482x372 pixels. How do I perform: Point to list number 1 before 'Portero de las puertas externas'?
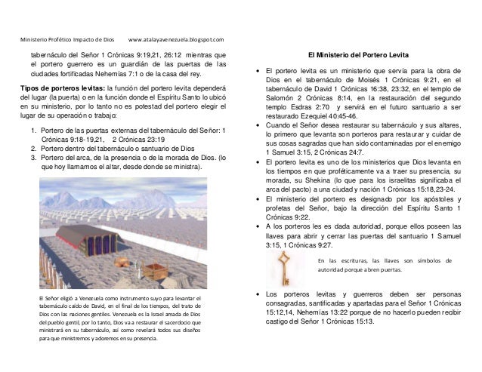pyautogui.click(x=33, y=130)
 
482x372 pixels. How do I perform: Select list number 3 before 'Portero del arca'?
pyautogui.click(x=33, y=157)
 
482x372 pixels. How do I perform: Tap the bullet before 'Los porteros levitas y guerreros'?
pyautogui.click(x=260, y=292)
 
